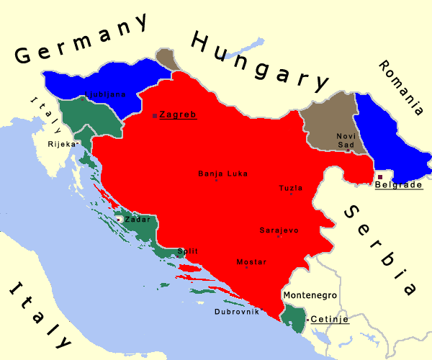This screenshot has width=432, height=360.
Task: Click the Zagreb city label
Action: pyautogui.click(x=178, y=114)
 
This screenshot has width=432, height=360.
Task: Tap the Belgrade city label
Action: pyautogui.click(x=398, y=185)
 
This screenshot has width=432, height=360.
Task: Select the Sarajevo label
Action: pyautogui.click(x=279, y=230)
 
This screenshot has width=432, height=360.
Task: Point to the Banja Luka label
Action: pyautogui.click(x=222, y=174)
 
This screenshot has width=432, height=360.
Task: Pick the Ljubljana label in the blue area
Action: pyautogui.click(x=106, y=94)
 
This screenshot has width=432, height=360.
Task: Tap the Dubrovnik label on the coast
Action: pyautogui.click(x=236, y=312)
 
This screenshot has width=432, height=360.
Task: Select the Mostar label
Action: pyautogui.click(x=251, y=262)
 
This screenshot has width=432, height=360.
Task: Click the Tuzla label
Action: pyautogui.click(x=291, y=188)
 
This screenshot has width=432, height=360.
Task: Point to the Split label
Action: pyautogui.click(x=186, y=251)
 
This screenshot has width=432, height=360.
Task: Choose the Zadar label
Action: pyautogui.click(x=137, y=219)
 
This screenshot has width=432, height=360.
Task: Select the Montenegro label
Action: pyautogui.click(x=310, y=295)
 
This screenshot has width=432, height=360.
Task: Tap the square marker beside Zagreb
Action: pyautogui.click(x=156, y=114)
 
